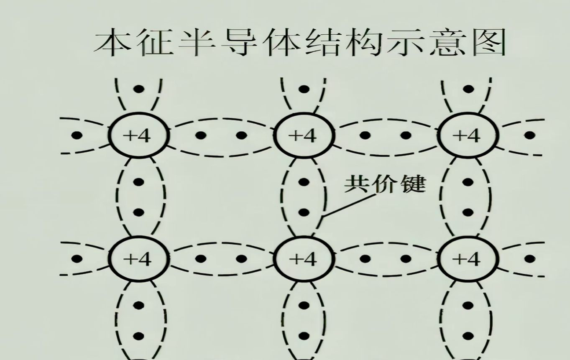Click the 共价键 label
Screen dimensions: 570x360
click(384, 184)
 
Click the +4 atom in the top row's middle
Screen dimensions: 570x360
click(303, 135)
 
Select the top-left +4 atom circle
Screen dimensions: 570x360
click(138, 135)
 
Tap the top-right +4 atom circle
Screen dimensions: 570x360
click(468, 135)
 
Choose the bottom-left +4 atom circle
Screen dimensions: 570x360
click(138, 259)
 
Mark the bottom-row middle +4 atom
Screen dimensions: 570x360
click(303, 259)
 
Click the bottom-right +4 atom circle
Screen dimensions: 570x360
click(468, 259)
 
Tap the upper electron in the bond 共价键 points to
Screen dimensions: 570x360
click(304, 182)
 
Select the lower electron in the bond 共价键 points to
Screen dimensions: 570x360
click(304, 212)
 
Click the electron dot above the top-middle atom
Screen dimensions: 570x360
click(304, 89)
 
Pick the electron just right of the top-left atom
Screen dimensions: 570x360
click(200, 135)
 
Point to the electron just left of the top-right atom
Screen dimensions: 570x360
click(405, 135)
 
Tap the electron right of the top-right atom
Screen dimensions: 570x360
click(529, 135)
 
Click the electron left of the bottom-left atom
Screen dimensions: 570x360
click(77, 259)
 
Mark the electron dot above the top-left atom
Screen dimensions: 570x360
click(138, 89)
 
